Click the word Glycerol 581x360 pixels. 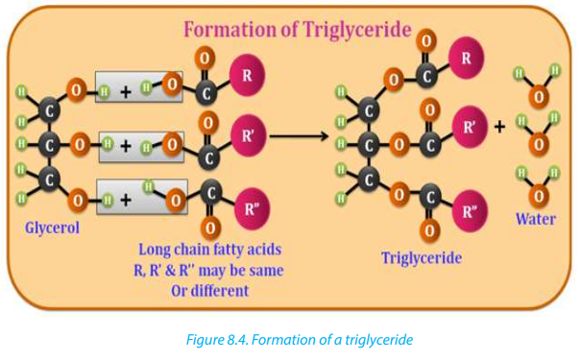tap(52, 228)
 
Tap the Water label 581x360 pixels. tap(536, 219)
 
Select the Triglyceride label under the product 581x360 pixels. tap(422, 258)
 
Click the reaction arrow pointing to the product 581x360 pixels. tap(299, 136)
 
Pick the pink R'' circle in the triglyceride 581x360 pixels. tap(470, 211)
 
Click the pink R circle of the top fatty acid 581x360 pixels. tap(247, 75)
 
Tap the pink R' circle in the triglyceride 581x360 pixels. tap(470, 127)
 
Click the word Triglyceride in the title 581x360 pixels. tap(356, 30)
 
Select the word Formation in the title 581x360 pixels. tap(230, 29)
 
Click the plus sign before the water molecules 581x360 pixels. tap(499, 127)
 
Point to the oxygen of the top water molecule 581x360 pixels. tap(539, 97)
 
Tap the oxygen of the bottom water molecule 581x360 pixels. tap(539, 196)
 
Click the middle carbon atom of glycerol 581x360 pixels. tap(49, 145)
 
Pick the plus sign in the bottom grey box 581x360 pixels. tap(126, 200)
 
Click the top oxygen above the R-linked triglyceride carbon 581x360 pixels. tap(426, 40)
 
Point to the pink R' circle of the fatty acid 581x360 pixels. tap(248, 135)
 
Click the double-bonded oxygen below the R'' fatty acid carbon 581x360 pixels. tap(210, 228)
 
